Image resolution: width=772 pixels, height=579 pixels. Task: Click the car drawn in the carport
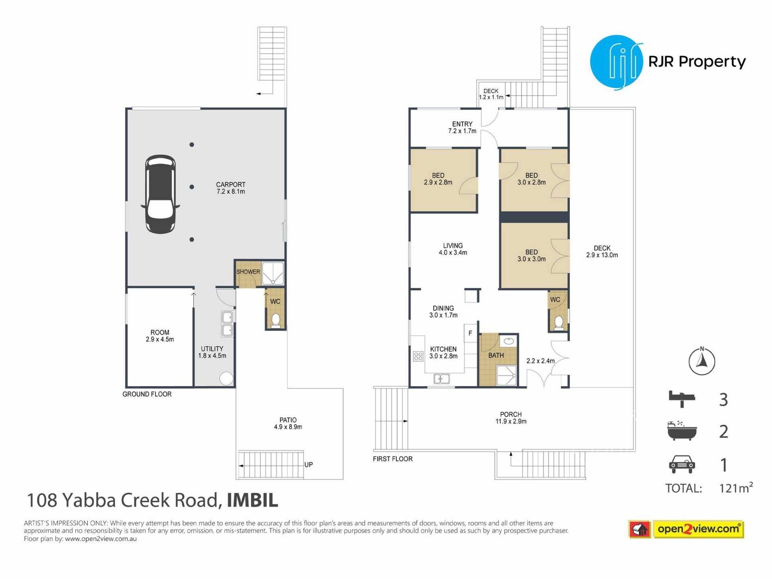[160, 194]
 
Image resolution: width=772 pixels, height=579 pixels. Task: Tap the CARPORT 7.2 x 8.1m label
[231, 188]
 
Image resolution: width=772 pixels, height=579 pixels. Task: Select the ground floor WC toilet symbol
[276, 320]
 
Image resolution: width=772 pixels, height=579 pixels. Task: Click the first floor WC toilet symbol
[559, 323]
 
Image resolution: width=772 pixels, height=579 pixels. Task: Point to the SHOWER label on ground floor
[248, 272]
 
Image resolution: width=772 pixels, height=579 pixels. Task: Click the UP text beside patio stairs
[308, 464]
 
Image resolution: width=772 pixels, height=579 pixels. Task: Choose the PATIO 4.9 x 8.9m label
[288, 423]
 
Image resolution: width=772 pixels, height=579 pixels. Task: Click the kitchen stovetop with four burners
[418, 356]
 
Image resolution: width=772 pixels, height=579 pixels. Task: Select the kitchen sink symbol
[441, 379]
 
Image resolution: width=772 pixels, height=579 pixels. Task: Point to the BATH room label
[496, 355]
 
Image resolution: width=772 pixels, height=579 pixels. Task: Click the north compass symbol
[702, 361]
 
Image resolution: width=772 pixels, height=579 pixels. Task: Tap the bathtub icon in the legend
[682, 431]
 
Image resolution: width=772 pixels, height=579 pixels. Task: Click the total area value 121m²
[736, 488]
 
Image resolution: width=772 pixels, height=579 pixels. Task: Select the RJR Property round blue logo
[616, 62]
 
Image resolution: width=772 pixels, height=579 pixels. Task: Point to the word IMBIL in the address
[252, 501]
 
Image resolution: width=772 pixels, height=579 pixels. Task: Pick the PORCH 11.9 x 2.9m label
[511, 418]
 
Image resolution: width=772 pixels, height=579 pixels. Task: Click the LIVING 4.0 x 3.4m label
[453, 249]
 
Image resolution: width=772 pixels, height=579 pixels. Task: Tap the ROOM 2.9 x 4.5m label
[160, 336]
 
